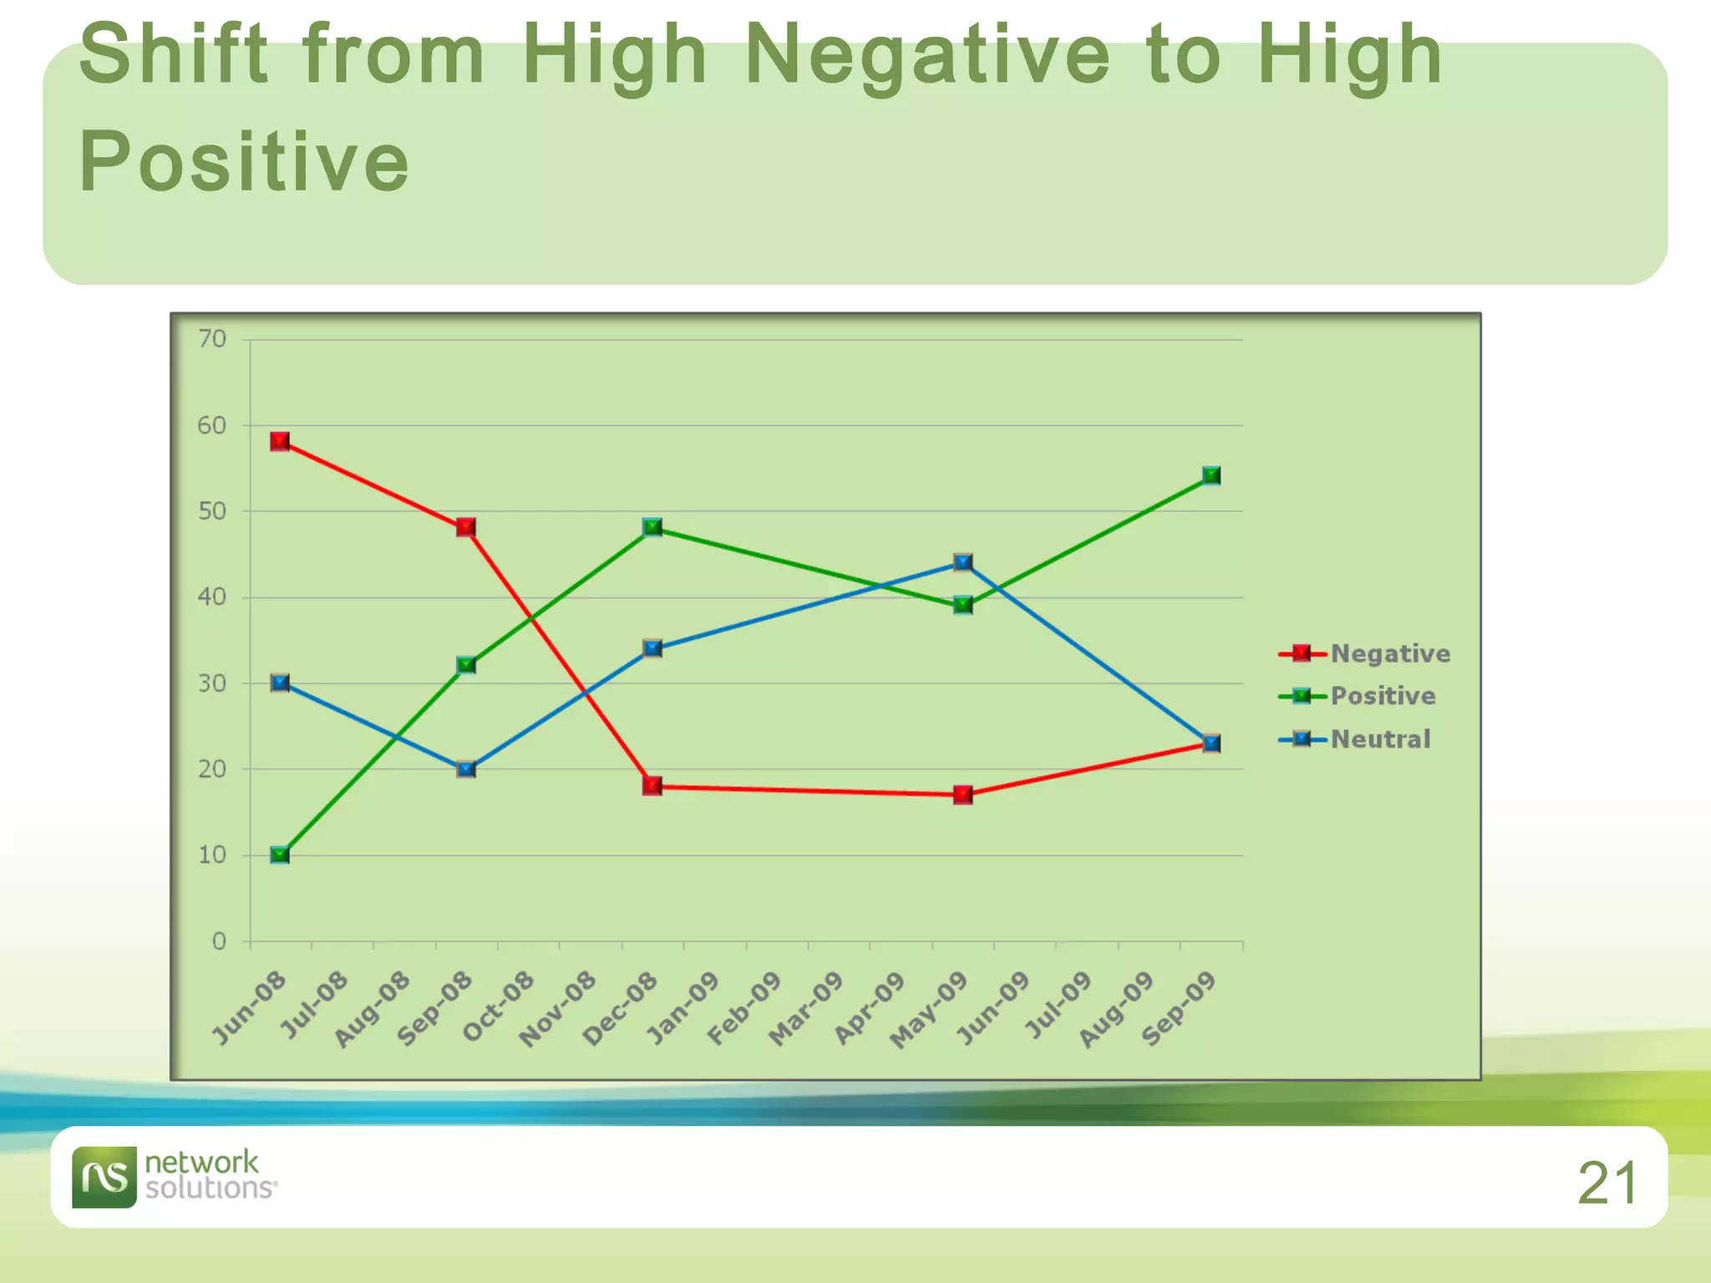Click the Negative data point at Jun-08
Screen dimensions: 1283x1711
[x=280, y=441]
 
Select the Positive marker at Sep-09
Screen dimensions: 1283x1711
[x=1211, y=475]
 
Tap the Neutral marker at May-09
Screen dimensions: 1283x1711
[x=962, y=562]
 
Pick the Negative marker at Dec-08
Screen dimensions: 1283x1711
[x=652, y=785]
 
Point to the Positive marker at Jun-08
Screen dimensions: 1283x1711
[x=280, y=854]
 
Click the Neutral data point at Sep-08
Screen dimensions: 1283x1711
[x=466, y=768]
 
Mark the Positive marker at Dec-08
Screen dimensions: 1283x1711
[x=652, y=527]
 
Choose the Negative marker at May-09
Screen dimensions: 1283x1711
[x=962, y=794]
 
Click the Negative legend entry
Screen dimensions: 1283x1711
[x=1389, y=653]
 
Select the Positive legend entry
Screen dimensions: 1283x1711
[x=1383, y=696]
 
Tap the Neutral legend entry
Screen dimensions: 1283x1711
[x=1380, y=739]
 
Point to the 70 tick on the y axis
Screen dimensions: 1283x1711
[x=212, y=339]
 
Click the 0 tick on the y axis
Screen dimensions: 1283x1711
[x=219, y=941]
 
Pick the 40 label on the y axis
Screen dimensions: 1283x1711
[x=212, y=597]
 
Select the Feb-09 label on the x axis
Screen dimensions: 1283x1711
[x=744, y=1008]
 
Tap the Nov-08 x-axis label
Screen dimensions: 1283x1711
[x=557, y=1008]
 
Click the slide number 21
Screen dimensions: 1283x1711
[x=1607, y=1183]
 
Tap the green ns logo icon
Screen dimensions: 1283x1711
[x=104, y=1177]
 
